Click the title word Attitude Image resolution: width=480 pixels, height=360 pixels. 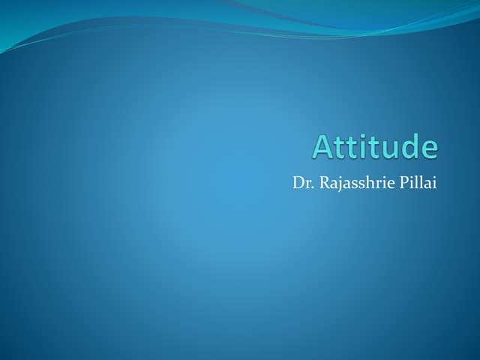point(374,146)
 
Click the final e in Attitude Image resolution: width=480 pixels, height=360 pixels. point(428,148)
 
